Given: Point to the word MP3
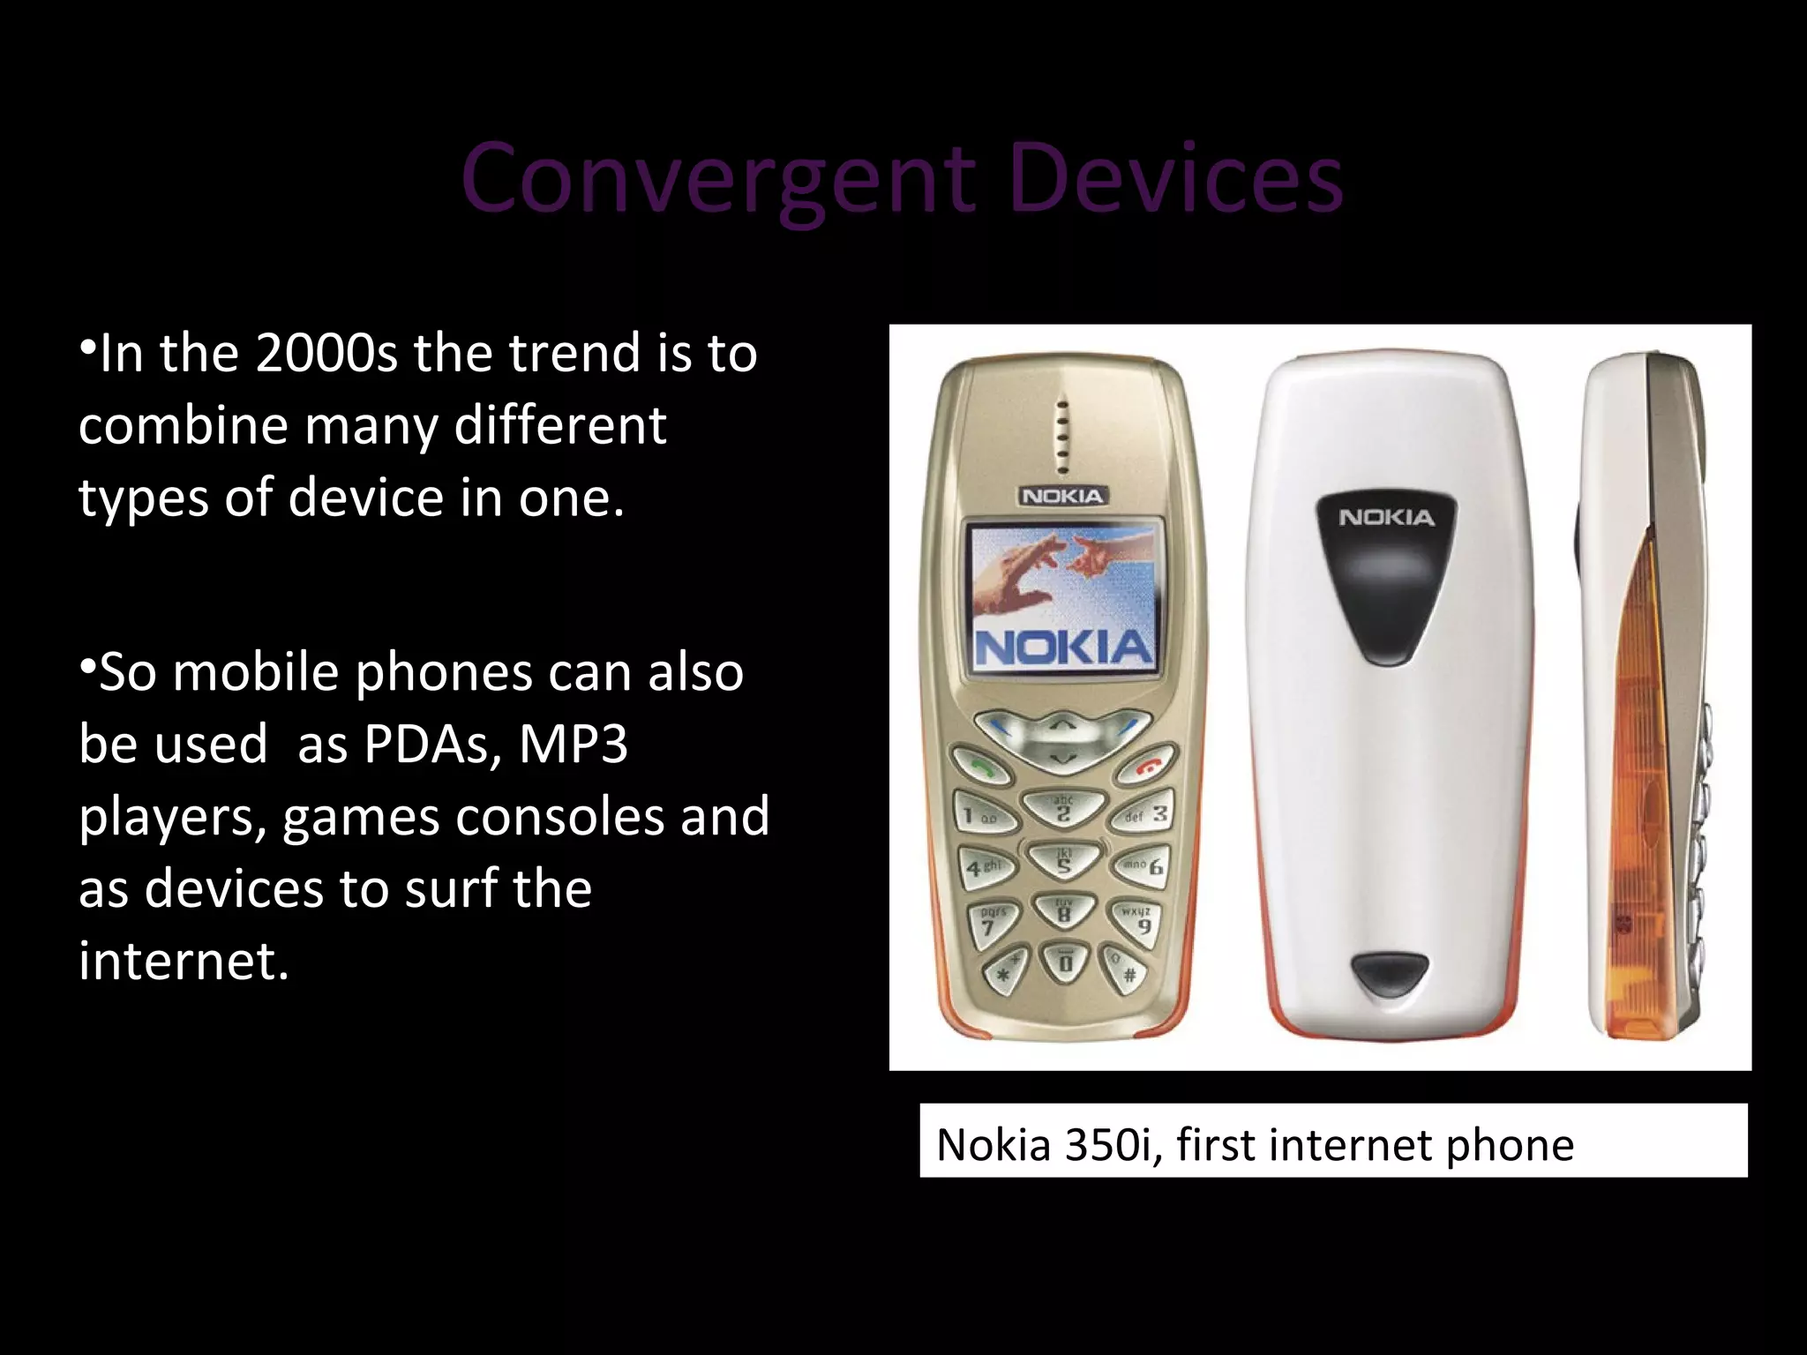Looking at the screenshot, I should tap(574, 744).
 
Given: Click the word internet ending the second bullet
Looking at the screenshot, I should tap(183, 961).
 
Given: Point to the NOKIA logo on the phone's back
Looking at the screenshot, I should tap(1386, 518).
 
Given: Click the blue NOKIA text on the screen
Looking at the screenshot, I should tap(1063, 648).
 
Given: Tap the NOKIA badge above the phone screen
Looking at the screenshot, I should tap(1062, 496).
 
